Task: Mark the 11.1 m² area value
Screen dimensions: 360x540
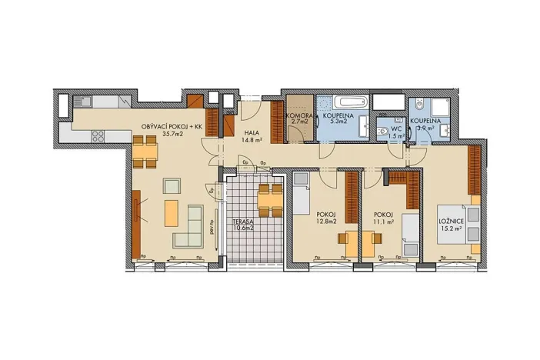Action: (x=384, y=223)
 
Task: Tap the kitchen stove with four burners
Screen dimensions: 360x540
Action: (x=98, y=137)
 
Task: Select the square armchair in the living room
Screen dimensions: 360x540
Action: (x=172, y=185)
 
